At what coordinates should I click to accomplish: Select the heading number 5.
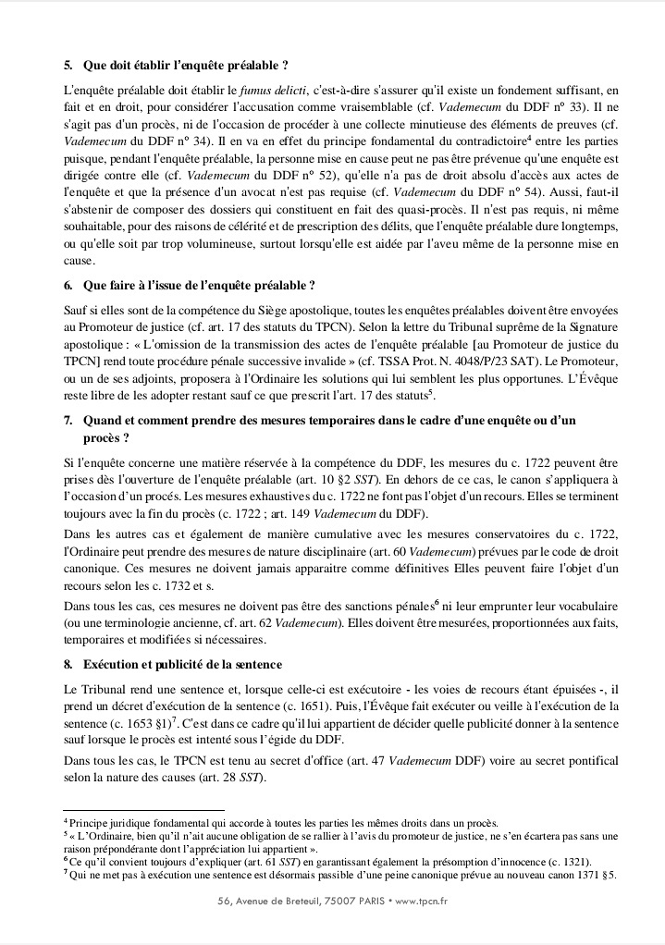tap(68, 66)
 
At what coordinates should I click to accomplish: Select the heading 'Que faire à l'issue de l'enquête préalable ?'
tap(205, 288)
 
